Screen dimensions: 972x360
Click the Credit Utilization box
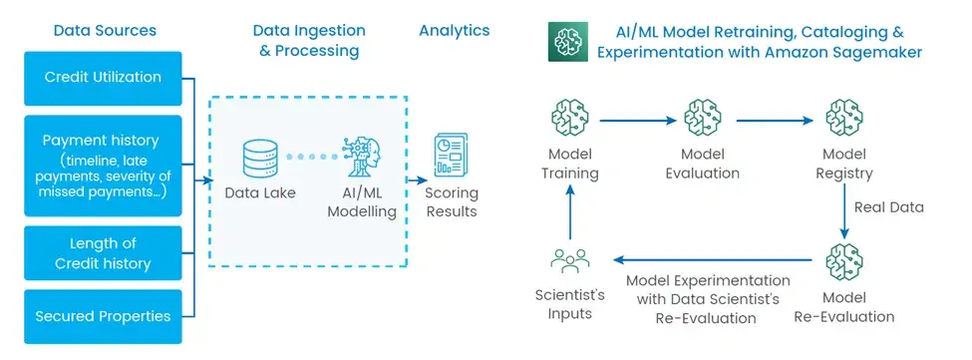(103, 78)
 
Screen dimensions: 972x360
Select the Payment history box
(103, 166)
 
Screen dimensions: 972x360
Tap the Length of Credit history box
(103, 253)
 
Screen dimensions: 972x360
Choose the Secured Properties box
(103, 316)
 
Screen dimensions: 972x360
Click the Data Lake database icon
(260, 158)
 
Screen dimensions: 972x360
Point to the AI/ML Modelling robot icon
(362, 158)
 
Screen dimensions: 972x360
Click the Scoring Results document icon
(451, 155)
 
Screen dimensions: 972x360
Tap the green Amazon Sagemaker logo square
(568, 42)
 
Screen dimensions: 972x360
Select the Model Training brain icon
(569, 120)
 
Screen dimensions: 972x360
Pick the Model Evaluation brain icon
(703, 120)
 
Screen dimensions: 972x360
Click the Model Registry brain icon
(843, 120)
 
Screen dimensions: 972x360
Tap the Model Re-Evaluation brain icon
(843, 261)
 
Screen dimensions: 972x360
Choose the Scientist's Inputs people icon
(569, 261)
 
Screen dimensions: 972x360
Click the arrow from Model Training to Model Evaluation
(638, 121)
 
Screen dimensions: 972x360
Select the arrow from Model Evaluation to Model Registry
(775, 121)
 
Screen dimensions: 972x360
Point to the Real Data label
(889, 207)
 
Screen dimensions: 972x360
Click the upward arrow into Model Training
(570, 211)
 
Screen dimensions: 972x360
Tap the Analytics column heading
(455, 30)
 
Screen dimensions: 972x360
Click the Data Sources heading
(105, 30)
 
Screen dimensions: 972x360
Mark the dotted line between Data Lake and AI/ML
(311, 158)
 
